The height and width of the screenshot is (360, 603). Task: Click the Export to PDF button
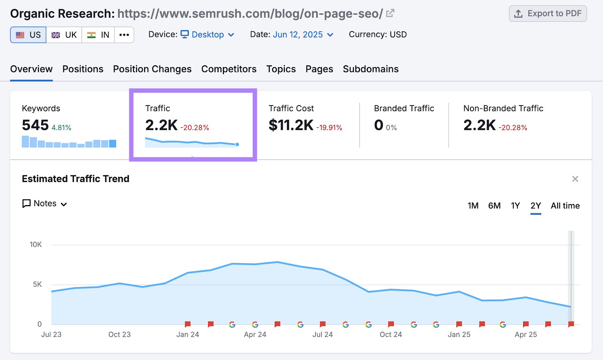548,14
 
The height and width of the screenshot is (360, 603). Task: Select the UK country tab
64,35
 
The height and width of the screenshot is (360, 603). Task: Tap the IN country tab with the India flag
98,35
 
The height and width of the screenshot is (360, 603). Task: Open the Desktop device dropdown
208,35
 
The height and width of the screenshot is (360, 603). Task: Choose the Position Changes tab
152,69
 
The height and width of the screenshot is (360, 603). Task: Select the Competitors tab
229,69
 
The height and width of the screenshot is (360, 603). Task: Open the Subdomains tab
370,69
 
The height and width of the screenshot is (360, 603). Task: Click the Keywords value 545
35,125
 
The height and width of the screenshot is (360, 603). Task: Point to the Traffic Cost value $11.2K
291,125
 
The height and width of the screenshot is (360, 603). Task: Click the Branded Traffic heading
404,109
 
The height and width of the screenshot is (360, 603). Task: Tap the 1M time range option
473,206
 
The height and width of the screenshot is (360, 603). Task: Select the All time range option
565,206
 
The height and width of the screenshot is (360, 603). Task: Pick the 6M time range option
494,206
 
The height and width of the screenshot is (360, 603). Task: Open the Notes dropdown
45,204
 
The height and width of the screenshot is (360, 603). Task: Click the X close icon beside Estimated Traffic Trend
575,179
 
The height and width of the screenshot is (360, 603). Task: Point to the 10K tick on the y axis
36,245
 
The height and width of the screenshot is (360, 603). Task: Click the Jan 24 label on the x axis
188,334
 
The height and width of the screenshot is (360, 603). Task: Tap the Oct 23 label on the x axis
119,334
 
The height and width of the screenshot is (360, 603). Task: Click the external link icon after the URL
390,14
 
